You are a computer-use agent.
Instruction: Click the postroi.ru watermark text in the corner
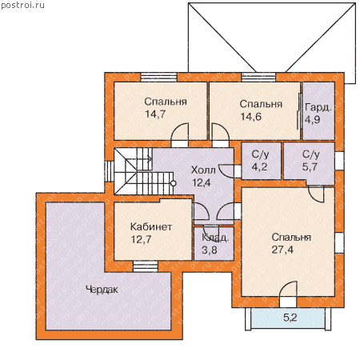pyautogui.click(x=22, y=5)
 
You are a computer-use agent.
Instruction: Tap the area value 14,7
pyautogui.click(x=155, y=114)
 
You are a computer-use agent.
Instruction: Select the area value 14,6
pyautogui.click(x=250, y=117)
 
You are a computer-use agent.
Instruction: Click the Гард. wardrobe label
pyautogui.click(x=318, y=107)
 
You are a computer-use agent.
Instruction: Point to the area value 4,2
pyautogui.click(x=259, y=167)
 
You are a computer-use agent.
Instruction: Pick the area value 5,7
pyautogui.click(x=310, y=167)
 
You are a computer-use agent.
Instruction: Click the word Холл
pyautogui.click(x=203, y=170)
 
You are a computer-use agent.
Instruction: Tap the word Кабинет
pyautogui.click(x=151, y=226)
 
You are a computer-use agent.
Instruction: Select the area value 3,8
pyautogui.click(x=210, y=250)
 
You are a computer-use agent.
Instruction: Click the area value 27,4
pyautogui.click(x=282, y=250)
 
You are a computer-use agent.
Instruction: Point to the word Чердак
pyautogui.click(x=102, y=290)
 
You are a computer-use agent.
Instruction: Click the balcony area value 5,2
pyautogui.click(x=290, y=318)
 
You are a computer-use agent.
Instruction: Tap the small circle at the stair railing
pyautogui.click(x=174, y=183)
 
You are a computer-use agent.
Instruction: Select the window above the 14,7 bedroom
pyautogui.click(x=159, y=77)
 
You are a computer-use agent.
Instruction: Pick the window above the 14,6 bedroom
pyautogui.click(x=258, y=77)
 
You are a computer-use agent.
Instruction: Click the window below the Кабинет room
pyautogui.click(x=146, y=266)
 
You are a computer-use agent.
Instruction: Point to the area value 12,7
pyautogui.click(x=141, y=239)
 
